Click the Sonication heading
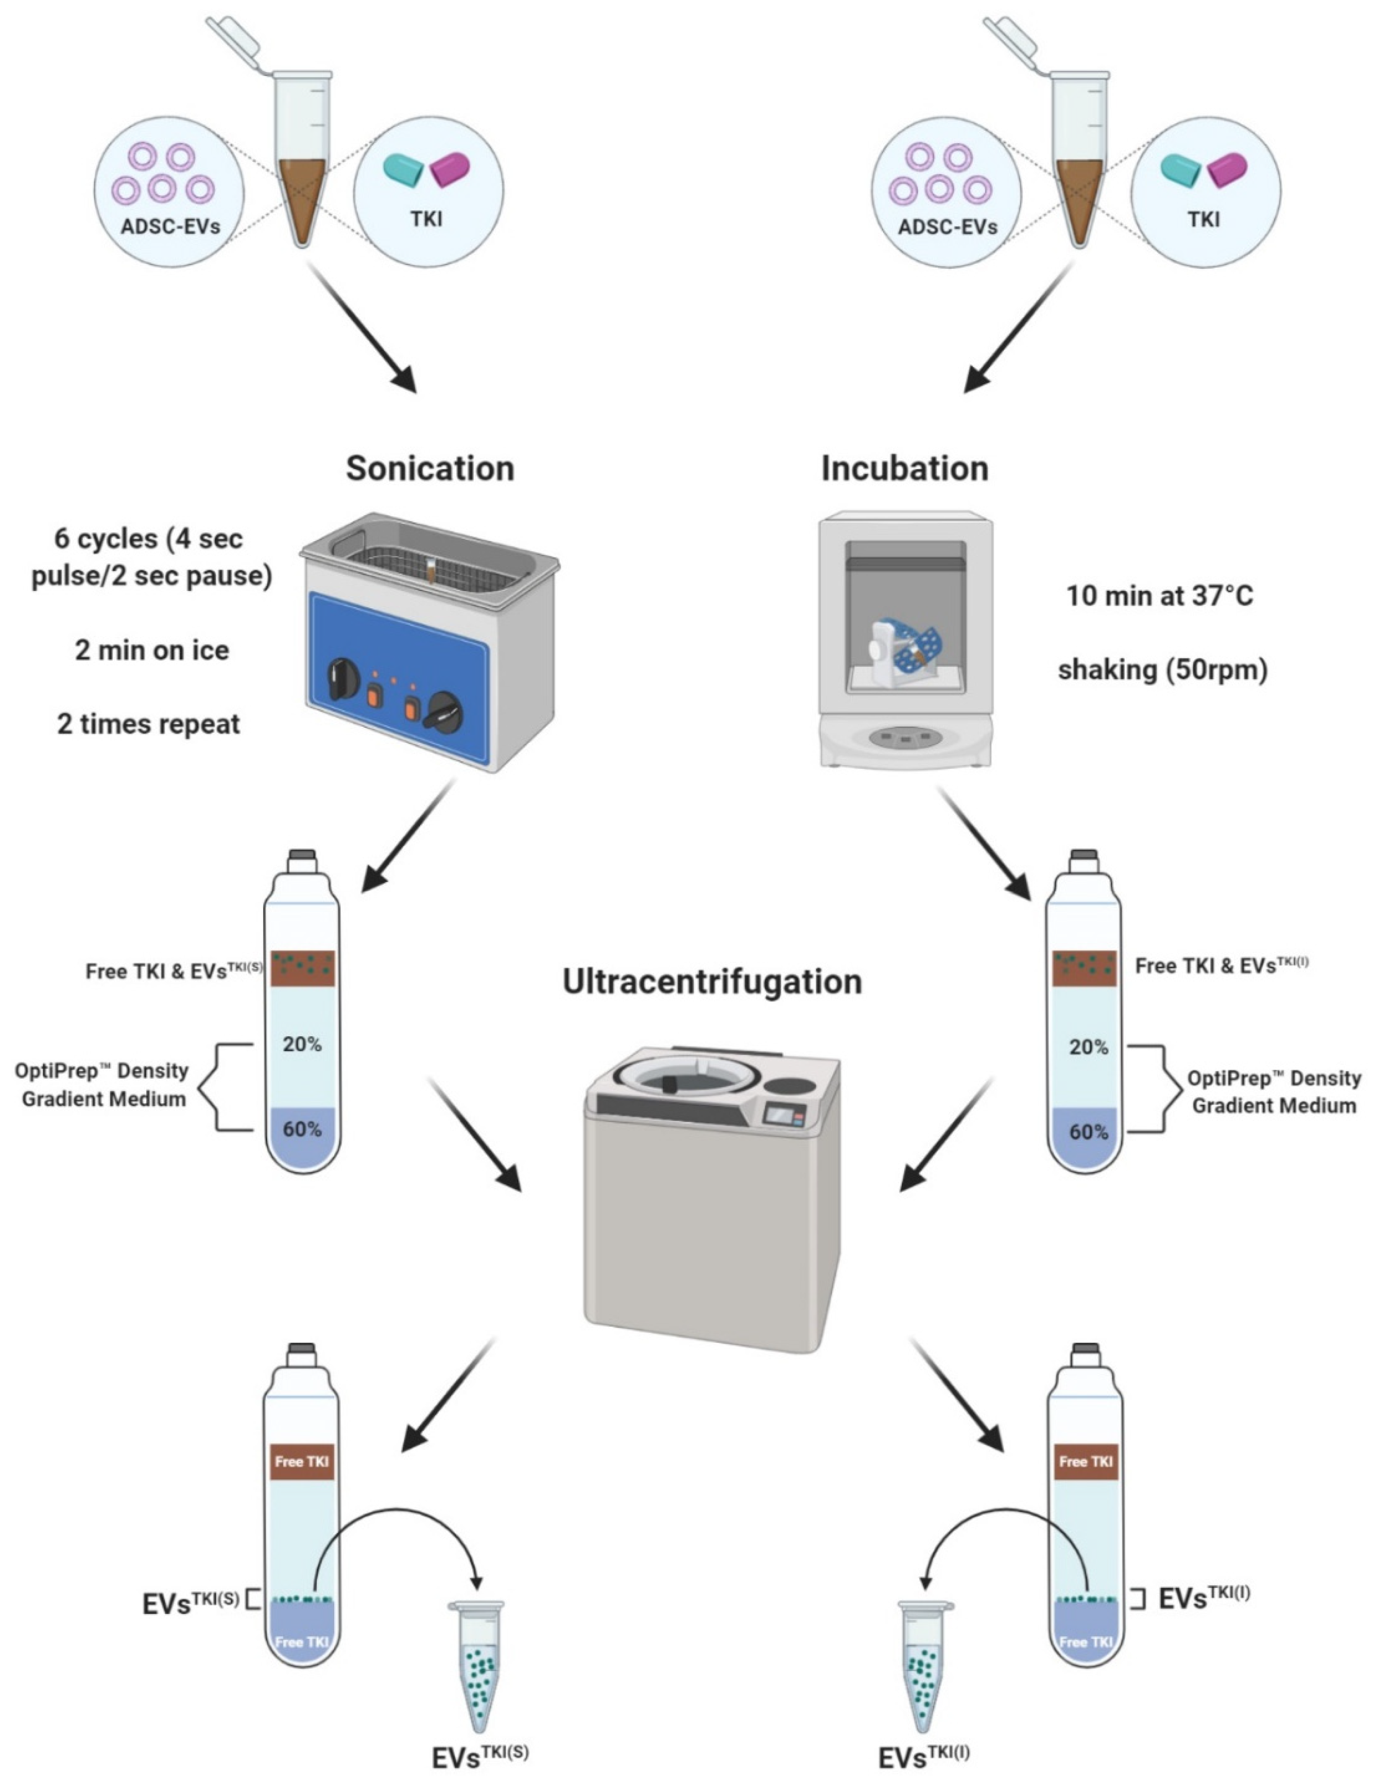430,468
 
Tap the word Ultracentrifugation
712,981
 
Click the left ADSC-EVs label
170,226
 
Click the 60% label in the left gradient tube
302,1129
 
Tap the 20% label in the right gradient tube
1087,1047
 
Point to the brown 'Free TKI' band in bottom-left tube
301,1461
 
